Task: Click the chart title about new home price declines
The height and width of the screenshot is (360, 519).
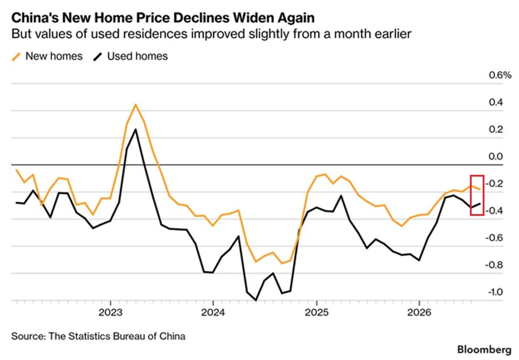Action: pos(163,18)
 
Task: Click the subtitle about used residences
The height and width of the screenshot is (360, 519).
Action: pos(211,34)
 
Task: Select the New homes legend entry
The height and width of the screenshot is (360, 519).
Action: pos(47,56)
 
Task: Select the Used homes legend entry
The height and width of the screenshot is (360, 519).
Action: pos(131,56)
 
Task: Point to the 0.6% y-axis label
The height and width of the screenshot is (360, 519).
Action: pos(500,75)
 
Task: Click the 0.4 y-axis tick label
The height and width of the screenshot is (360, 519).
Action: pos(496,102)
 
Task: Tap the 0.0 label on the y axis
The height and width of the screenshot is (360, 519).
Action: pos(496,157)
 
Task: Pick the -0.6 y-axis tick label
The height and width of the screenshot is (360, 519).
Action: pos(494,238)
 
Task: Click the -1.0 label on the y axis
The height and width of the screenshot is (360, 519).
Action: pos(495,292)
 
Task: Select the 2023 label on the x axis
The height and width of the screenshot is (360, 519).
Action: pos(111,312)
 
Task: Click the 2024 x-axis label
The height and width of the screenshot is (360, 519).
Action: pos(213,312)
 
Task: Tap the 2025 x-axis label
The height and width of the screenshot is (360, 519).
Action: pos(317,312)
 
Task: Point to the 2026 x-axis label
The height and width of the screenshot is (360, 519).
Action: pos(419,312)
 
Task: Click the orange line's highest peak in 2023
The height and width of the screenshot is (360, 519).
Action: pos(135,105)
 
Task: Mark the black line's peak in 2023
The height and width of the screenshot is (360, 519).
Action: pos(135,129)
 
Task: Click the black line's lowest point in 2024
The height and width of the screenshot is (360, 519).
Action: pos(256,300)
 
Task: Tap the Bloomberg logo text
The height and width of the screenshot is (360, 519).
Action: pos(484,350)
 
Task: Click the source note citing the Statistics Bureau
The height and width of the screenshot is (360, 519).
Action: pos(98,336)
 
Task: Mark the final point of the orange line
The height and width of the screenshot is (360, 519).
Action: pos(480,189)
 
